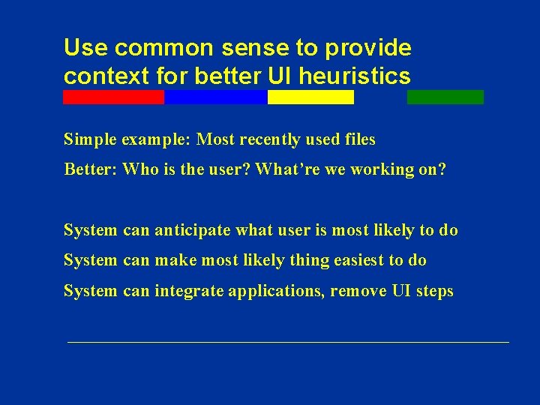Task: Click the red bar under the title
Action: click(x=113, y=97)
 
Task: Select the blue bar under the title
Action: click(x=215, y=97)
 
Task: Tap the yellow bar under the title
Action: click(x=310, y=97)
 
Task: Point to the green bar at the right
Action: click(x=445, y=97)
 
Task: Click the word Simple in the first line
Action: click(x=89, y=139)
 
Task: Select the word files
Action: click(x=360, y=139)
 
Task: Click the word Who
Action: click(x=136, y=169)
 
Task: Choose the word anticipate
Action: click(x=195, y=230)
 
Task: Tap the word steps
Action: click(x=434, y=291)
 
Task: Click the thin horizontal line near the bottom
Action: click(x=288, y=342)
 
